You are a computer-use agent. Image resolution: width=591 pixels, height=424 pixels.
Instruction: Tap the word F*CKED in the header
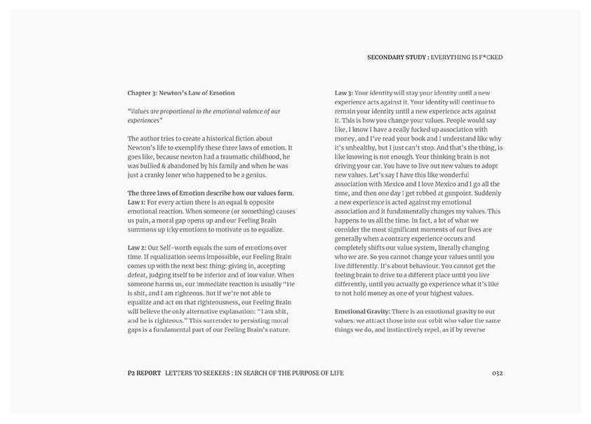click(x=489, y=57)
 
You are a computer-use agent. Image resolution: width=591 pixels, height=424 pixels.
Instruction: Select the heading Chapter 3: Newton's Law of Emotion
click(x=181, y=93)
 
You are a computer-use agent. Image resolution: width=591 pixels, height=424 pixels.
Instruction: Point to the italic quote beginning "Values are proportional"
click(x=204, y=115)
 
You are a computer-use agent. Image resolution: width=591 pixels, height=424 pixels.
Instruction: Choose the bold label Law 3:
click(x=345, y=93)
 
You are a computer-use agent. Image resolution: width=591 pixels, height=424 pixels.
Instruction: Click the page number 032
click(x=498, y=373)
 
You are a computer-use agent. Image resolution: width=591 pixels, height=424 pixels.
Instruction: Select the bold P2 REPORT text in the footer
click(x=143, y=373)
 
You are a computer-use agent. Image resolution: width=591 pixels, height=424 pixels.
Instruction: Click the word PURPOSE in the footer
click(x=305, y=373)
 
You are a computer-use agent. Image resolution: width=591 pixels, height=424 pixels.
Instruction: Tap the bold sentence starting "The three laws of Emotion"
click(x=211, y=192)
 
